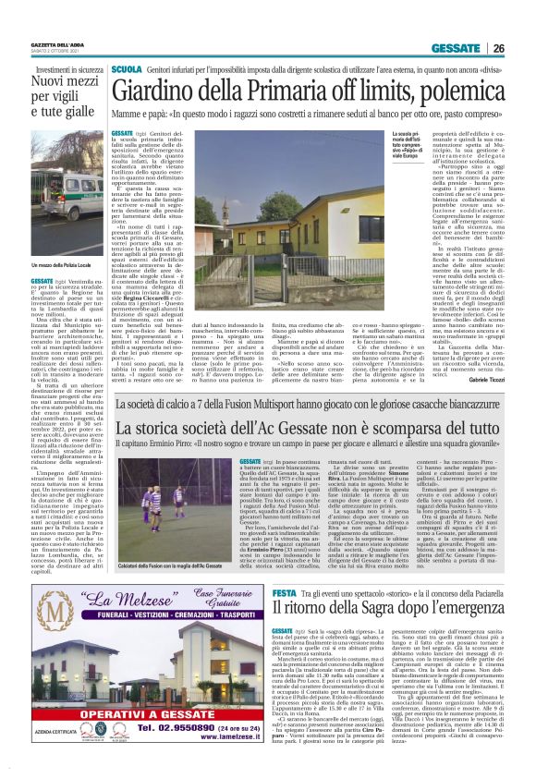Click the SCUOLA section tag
pos(126,69)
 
